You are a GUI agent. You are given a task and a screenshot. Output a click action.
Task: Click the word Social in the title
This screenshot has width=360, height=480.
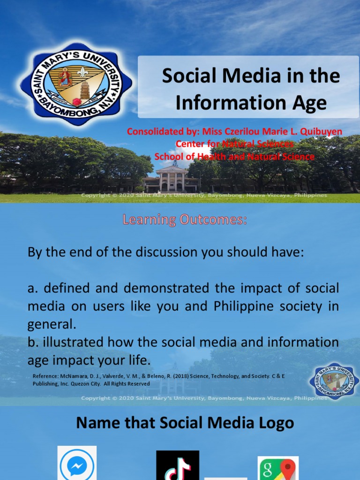185,76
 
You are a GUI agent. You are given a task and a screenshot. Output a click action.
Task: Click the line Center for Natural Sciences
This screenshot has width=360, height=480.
234,144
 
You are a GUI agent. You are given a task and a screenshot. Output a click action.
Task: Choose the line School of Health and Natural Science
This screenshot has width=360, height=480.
234,157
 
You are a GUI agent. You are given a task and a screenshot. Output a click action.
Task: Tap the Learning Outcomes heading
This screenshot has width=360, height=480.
185,219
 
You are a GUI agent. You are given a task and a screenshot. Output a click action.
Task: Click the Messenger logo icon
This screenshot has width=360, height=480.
77,464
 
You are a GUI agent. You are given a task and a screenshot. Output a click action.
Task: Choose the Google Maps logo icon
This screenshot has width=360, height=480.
278,469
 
